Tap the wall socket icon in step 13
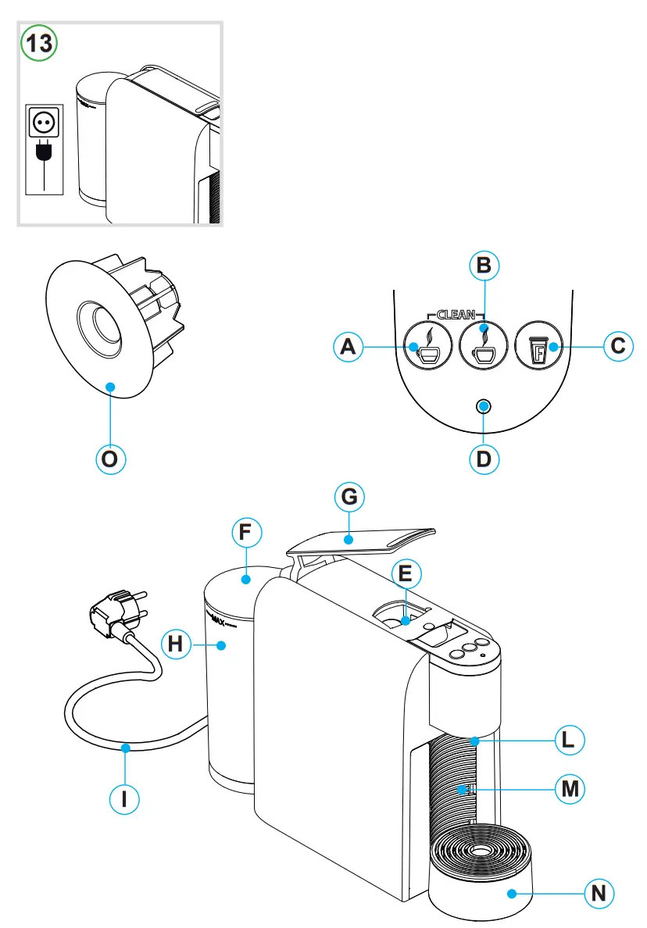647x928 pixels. tap(44, 122)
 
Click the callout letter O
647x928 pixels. tap(110, 459)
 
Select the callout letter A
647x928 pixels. tap(348, 347)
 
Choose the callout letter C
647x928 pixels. tap(618, 346)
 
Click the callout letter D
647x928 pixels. tap(484, 459)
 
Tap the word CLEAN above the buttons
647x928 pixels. tap(456, 315)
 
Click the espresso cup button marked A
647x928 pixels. tap(427, 347)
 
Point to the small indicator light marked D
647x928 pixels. tap(484, 405)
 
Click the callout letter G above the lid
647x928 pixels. tap(349, 497)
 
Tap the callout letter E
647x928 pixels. tap(405, 575)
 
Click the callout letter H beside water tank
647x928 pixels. tap(176, 645)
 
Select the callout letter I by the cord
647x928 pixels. tap(124, 799)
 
